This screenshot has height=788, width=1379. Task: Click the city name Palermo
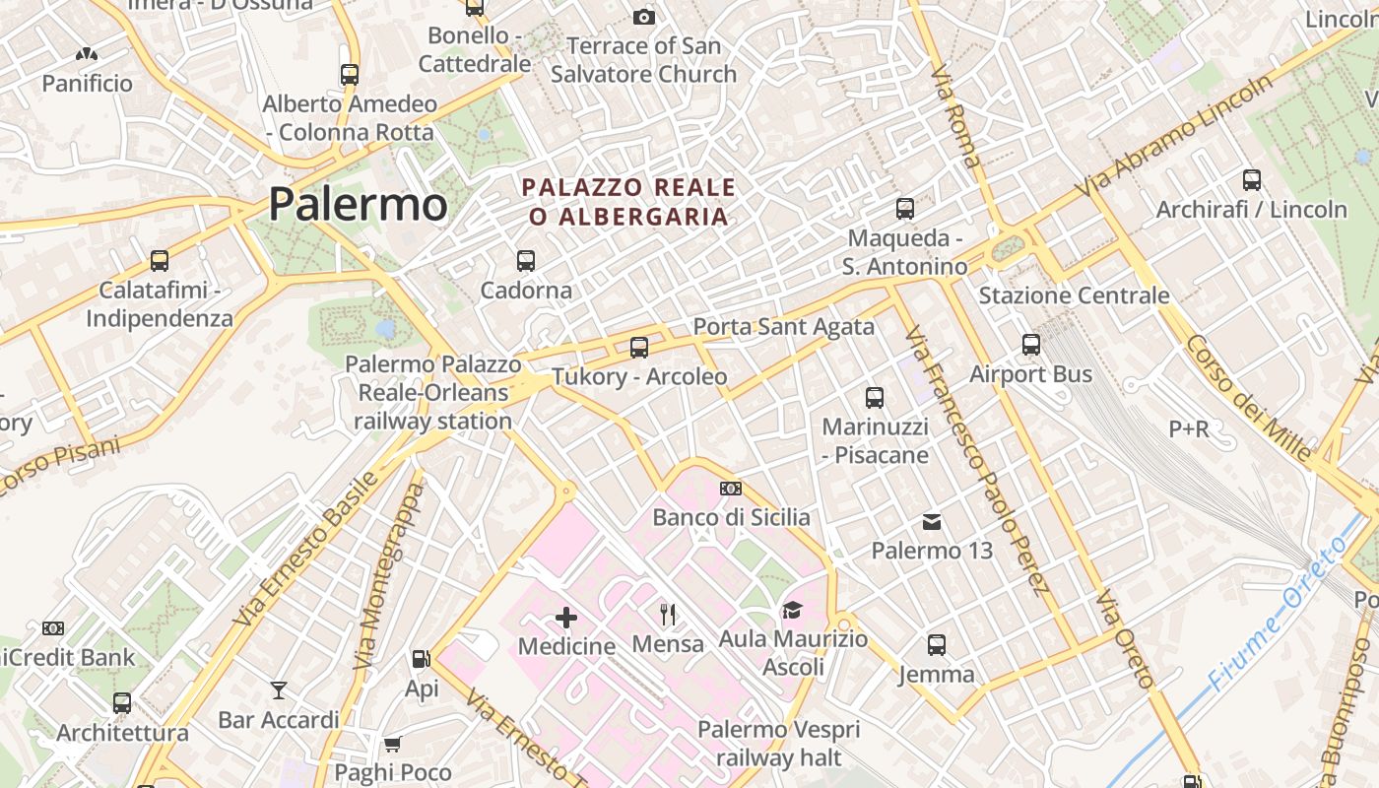[358, 204]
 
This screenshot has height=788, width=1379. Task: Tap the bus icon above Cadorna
[526, 261]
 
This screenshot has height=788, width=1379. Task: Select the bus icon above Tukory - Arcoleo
[639, 347]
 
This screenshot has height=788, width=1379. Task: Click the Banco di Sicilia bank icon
[731, 489]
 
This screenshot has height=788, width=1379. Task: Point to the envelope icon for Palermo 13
[932, 522]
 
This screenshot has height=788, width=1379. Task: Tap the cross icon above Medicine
[566, 618]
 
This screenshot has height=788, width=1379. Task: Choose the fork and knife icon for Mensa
[669, 615]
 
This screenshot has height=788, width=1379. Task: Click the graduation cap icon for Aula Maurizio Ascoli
[792, 611]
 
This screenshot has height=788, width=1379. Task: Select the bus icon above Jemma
[937, 645]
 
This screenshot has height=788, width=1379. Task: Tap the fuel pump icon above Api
[422, 658]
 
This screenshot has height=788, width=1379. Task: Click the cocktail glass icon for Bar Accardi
[279, 690]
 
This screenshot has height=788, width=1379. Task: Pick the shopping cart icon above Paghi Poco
[392, 744]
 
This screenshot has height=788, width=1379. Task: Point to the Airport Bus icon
[1031, 345]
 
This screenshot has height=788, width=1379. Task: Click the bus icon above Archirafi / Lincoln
[1252, 180]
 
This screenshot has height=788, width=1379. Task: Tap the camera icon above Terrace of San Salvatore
[643, 17]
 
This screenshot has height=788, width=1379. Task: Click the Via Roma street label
[952, 116]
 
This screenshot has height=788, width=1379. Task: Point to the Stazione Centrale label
[1074, 295]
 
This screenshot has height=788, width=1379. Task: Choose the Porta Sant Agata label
[784, 327]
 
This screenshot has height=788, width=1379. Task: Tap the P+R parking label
[1189, 429]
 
